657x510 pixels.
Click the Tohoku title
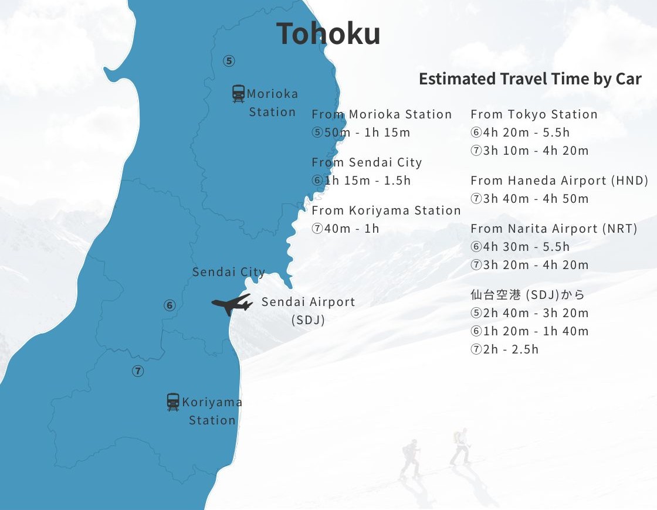point(328,33)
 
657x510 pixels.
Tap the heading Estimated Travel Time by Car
point(530,79)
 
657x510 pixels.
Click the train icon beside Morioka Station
point(238,94)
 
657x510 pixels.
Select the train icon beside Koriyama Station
point(173,402)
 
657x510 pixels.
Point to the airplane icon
point(232,304)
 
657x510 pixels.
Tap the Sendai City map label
point(228,272)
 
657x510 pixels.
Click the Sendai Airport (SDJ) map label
point(308,310)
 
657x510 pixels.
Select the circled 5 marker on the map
point(229,61)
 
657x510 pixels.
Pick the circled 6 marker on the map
point(170,305)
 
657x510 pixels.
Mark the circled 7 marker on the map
point(138,371)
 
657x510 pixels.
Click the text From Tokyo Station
point(534,114)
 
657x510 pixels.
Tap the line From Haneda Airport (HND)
point(559,181)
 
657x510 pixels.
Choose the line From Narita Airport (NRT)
point(553,229)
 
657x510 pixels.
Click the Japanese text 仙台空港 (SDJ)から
point(527,294)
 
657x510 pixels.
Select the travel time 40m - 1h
point(351,229)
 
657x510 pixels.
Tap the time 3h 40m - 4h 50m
point(535,199)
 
